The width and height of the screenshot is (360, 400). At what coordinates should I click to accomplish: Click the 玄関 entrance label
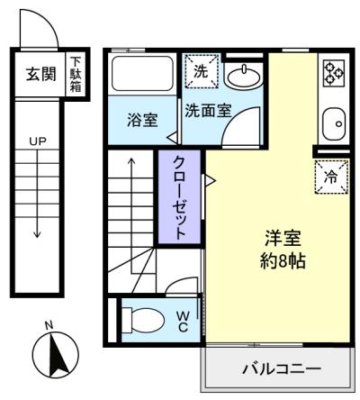(40, 74)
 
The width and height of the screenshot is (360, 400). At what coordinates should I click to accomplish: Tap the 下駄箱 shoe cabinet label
(76, 75)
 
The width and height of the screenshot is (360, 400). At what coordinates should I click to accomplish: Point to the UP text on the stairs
(38, 141)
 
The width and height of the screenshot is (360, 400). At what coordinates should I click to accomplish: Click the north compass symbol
(56, 355)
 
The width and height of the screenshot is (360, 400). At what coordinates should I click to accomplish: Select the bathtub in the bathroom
(142, 74)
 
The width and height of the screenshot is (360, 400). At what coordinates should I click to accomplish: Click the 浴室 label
(142, 120)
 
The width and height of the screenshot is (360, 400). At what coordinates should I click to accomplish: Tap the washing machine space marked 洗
(201, 71)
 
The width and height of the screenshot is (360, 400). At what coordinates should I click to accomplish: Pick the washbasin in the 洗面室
(244, 77)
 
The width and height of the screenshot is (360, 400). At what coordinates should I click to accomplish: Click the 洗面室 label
(208, 111)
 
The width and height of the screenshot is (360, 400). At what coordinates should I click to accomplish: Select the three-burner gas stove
(333, 73)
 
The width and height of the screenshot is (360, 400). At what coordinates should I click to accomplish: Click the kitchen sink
(334, 124)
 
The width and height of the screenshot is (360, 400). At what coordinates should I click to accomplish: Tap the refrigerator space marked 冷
(331, 177)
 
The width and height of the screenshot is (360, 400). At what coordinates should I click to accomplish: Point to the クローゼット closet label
(179, 197)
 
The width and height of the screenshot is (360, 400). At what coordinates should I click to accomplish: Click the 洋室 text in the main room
(283, 238)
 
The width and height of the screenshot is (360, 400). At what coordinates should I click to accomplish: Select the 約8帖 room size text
(283, 261)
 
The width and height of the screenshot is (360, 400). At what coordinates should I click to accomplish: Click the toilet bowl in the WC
(143, 320)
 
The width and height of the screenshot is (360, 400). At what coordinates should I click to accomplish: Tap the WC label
(183, 322)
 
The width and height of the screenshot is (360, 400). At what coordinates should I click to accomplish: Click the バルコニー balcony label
(282, 368)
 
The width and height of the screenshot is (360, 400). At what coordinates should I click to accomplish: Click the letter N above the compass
(49, 325)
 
